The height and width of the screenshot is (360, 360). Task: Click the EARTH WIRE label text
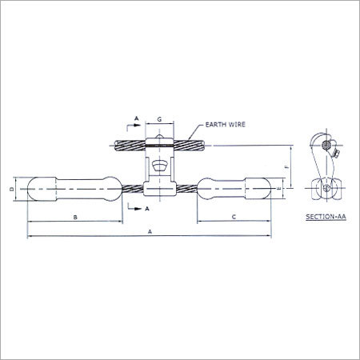click(226, 125)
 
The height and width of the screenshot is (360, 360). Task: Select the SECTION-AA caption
click(326, 217)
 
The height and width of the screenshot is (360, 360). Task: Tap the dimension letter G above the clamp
click(159, 119)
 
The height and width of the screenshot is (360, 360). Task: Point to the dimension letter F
click(287, 166)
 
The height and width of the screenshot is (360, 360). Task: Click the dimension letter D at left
click(12, 189)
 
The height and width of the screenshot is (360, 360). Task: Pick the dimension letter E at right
click(279, 188)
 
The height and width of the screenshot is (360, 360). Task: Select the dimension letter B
click(75, 217)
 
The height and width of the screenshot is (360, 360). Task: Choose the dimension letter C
click(234, 217)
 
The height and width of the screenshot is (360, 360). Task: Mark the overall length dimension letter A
click(150, 232)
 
